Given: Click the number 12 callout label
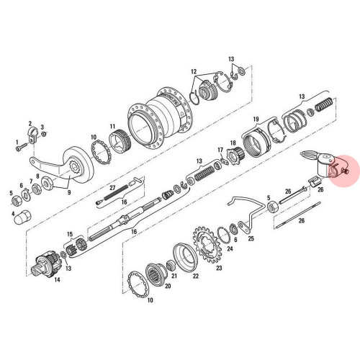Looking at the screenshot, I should (x=194, y=72).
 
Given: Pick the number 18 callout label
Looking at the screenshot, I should (x=233, y=143).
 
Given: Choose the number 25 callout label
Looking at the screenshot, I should (x=251, y=238).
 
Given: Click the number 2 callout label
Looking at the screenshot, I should (x=30, y=123).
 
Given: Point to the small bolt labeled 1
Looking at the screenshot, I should (x=18, y=148).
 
